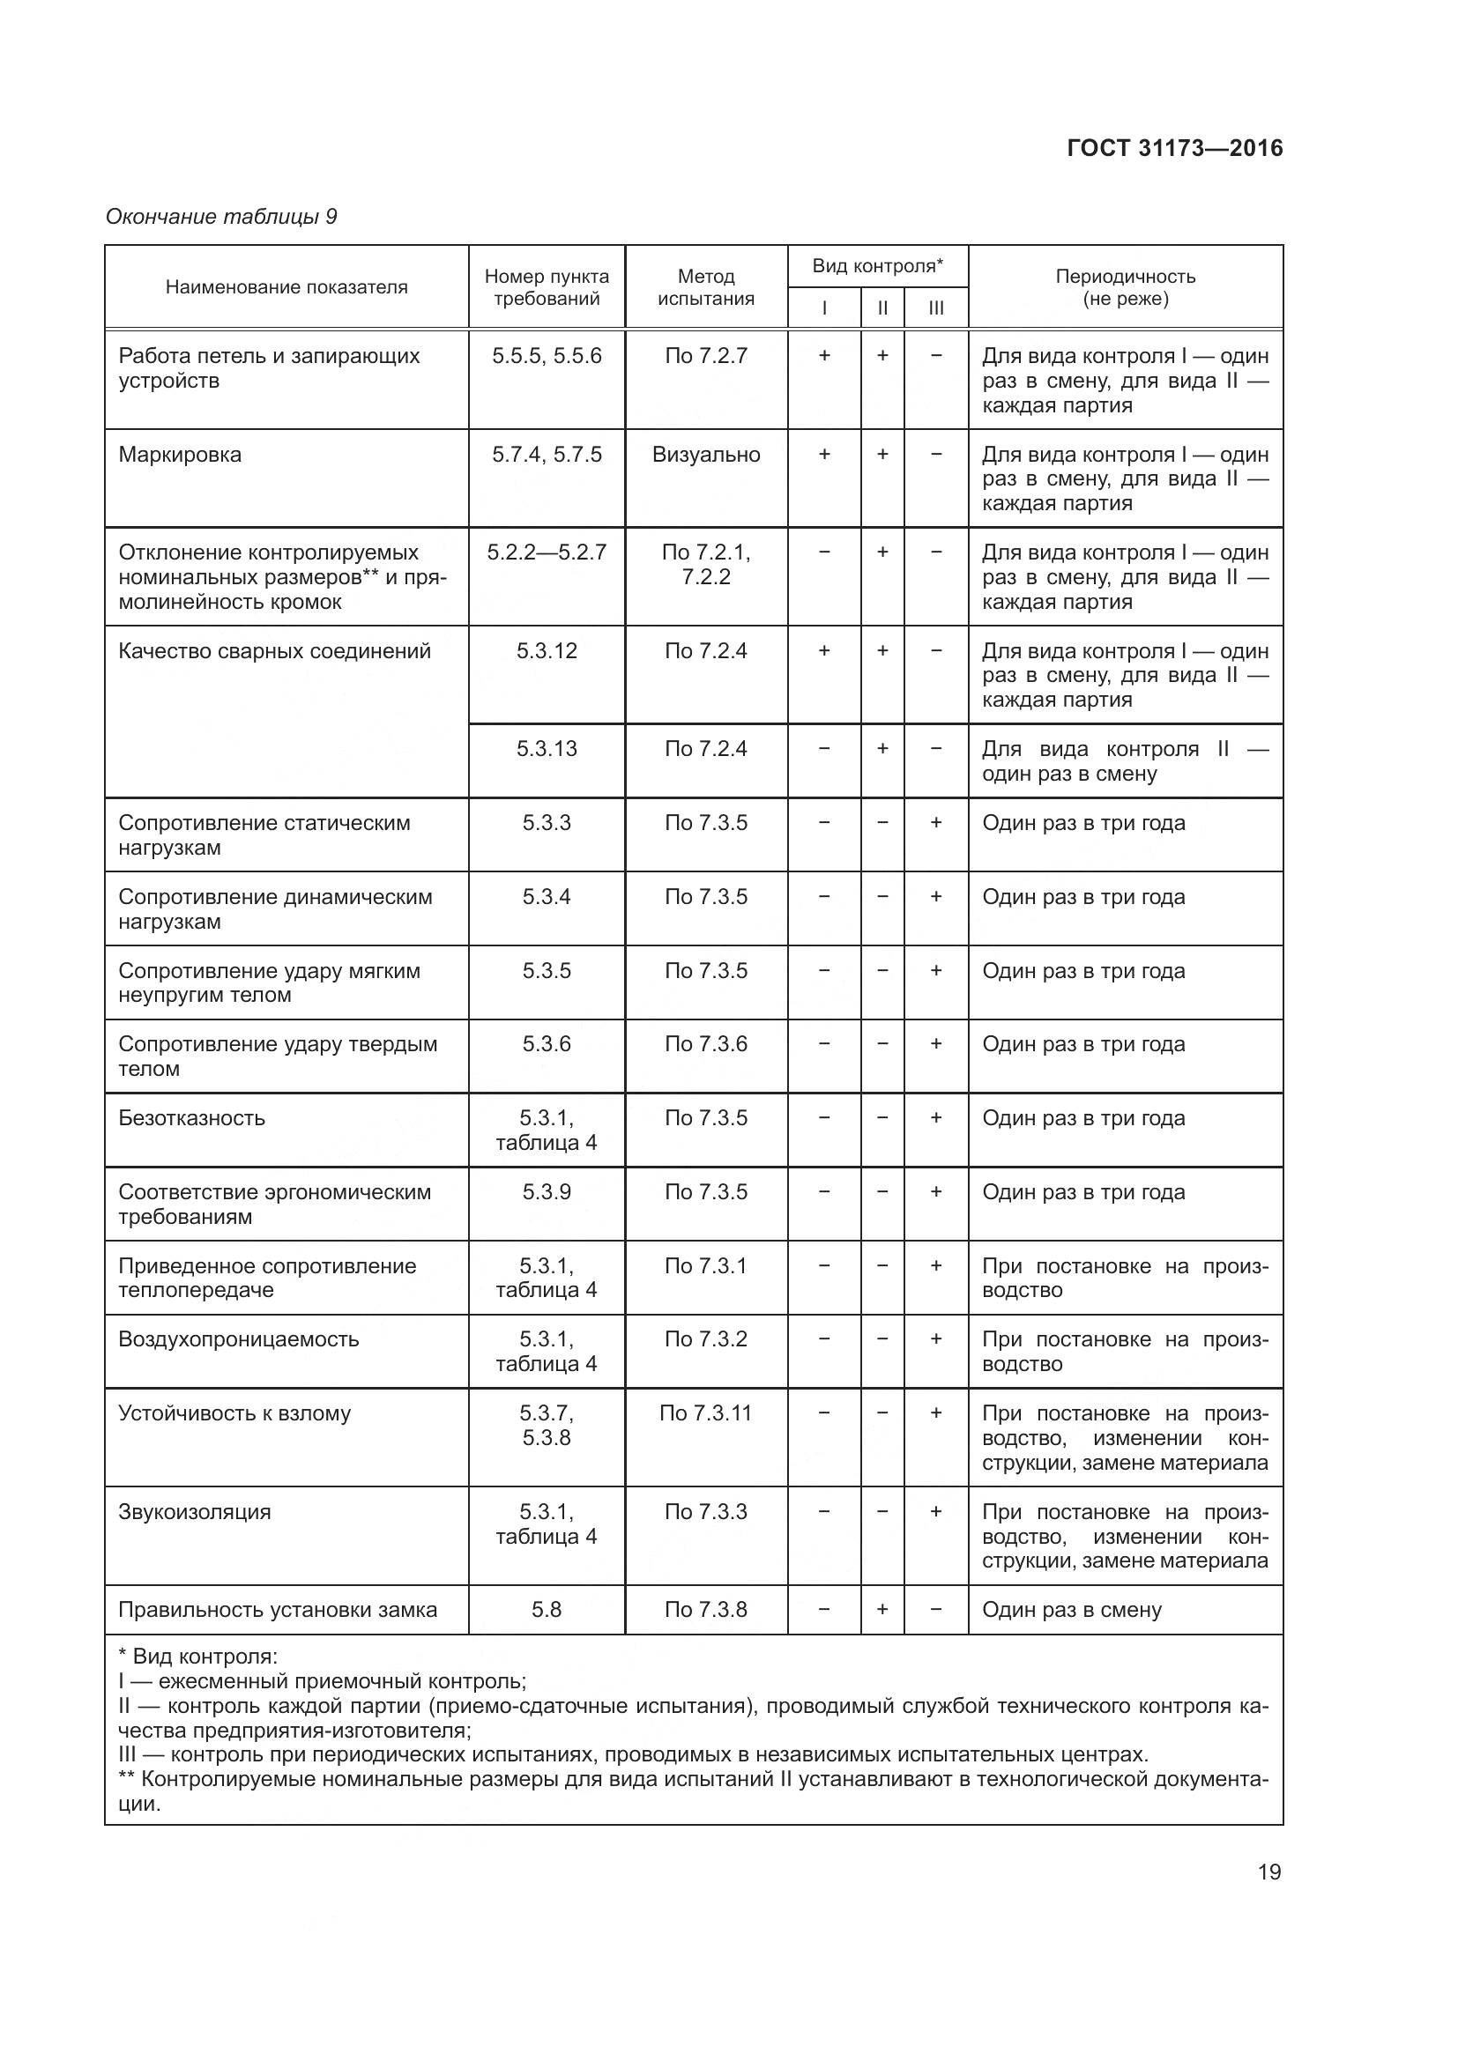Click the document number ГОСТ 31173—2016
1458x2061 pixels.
(1174, 148)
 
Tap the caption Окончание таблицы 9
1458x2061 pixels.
(221, 217)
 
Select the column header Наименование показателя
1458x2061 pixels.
(286, 287)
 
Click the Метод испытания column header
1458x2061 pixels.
(706, 287)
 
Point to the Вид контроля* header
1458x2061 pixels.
(877, 266)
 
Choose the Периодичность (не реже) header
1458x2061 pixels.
(1125, 287)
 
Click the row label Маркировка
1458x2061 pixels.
(180, 454)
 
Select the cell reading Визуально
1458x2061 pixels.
(706, 454)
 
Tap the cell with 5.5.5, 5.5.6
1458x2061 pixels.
(546, 355)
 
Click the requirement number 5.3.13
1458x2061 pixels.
(546, 749)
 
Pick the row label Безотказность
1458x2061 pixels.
(191, 1117)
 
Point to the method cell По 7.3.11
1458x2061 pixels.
(705, 1412)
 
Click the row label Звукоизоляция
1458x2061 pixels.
(194, 1512)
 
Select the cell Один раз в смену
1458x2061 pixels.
(1071, 1610)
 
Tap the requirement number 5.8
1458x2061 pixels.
(546, 1610)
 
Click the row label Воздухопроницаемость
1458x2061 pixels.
(238, 1339)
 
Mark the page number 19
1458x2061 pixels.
(1268, 1872)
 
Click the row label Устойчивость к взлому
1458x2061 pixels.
(234, 1412)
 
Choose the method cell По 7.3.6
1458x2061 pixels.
(706, 1044)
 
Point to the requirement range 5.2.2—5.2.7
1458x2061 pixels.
(546, 552)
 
